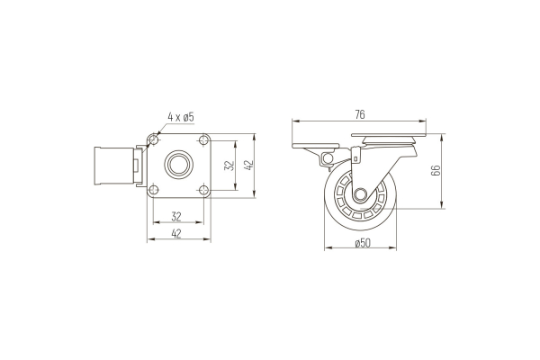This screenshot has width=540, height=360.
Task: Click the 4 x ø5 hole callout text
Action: [x=181, y=117]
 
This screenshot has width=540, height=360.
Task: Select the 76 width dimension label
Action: [x=359, y=114]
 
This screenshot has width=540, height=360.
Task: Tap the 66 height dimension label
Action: [x=436, y=170]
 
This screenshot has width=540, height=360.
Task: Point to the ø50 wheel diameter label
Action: [x=363, y=243]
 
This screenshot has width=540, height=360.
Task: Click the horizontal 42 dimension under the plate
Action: [x=176, y=234]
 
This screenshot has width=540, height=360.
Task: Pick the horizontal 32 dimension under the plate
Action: [x=176, y=217]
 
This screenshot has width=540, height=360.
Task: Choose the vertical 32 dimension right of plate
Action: [x=229, y=166]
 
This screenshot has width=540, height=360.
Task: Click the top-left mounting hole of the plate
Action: [x=154, y=139]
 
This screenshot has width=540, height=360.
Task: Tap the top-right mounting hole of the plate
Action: [x=204, y=139]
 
